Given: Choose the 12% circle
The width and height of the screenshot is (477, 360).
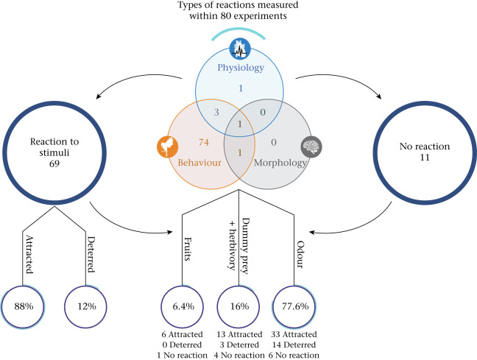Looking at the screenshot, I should (x=88, y=306).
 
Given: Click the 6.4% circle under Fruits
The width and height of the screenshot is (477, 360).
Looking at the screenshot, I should (x=184, y=306).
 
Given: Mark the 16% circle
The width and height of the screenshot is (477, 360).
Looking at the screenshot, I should (x=239, y=306).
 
